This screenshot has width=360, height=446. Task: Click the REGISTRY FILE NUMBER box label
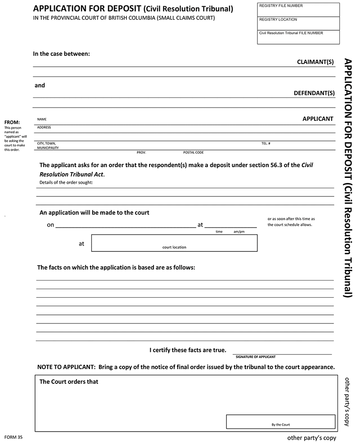281,6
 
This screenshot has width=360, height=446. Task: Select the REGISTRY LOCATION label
278,19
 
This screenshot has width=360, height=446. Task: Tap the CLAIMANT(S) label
315,62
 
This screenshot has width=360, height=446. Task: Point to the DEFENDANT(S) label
314,93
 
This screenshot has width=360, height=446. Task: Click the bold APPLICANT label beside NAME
318,119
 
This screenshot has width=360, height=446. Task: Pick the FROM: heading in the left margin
12,123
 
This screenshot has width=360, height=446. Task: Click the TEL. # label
265,143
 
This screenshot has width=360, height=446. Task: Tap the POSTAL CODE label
193,153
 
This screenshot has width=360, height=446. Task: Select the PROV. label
142,153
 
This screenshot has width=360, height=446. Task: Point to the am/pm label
239,232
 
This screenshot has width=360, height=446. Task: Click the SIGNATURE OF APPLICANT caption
256,357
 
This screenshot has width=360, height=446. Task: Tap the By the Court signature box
280,422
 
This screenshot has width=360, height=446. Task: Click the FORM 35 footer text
13,437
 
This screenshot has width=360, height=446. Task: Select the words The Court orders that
69,382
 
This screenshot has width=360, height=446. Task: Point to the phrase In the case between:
62,54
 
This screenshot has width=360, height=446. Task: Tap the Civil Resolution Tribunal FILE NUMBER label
291,33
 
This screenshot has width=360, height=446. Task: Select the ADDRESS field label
44,127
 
